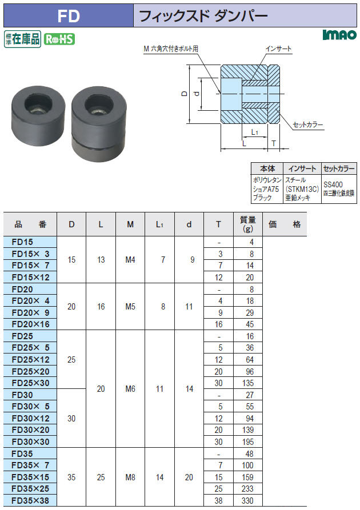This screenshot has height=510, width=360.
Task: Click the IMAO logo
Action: pyautogui.click(x=339, y=35)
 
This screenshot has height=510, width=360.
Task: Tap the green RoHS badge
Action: pyautogui.click(x=59, y=39)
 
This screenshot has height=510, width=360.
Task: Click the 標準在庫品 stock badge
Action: pyautogui.click(x=22, y=39)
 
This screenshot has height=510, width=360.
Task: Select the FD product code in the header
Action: pyautogui.click(x=69, y=15)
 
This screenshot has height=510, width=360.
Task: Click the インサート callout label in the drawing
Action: pyautogui.click(x=278, y=49)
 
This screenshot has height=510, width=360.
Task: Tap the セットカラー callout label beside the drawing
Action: pyautogui.click(x=307, y=125)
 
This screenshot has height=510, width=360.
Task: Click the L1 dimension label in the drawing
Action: pyautogui.click(x=254, y=132)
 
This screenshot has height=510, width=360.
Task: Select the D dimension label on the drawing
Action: pyautogui.click(x=185, y=94)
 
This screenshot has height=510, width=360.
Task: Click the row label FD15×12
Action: pyautogui.click(x=31, y=278)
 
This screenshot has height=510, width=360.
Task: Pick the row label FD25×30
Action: pyautogui.click(x=31, y=383)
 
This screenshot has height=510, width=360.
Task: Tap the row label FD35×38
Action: pyautogui.click(x=31, y=500)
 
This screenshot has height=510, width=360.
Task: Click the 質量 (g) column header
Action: pyautogui.click(x=247, y=224)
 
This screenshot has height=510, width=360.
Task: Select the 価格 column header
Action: pyautogui.click(x=285, y=224)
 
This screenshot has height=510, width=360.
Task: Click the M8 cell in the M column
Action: pyautogui.click(x=130, y=477)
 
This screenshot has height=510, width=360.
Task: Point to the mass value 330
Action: pyautogui.click(x=247, y=500)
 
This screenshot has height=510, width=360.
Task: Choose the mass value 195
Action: pyautogui.click(x=247, y=441)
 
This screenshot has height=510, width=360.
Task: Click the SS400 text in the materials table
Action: pyautogui.click(x=333, y=184)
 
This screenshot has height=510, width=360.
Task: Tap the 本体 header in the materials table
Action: pyautogui.click(x=267, y=168)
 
